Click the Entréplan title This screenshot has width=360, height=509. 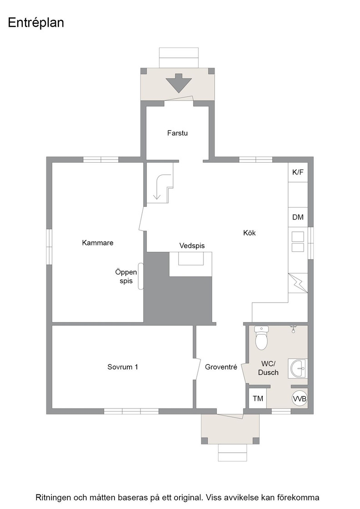(x=36, y=23)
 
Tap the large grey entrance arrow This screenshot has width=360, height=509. (x=179, y=83)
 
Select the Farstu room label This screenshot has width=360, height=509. (x=177, y=133)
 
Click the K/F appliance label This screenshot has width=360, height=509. (x=298, y=172)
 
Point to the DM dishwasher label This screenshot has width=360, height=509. (x=298, y=217)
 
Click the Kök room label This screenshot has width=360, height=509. (x=249, y=233)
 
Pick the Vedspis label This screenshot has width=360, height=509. (x=192, y=246)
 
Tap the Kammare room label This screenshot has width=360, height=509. (x=98, y=243)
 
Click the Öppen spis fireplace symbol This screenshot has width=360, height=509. (x=141, y=275)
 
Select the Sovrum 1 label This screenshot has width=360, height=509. (x=123, y=367)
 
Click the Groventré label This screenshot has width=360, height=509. (x=221, y=367)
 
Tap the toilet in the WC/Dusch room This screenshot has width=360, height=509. (x=261, y=338)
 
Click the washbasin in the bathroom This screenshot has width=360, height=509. (x=298, y=369)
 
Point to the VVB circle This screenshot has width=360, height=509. (x=300, y=399)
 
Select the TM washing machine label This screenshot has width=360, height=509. (x=258, y=398)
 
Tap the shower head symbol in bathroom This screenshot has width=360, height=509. (x=294, y=329)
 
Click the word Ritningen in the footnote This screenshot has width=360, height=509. (x=53, y=498)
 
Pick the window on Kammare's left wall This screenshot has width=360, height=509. (x=49, y=247)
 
